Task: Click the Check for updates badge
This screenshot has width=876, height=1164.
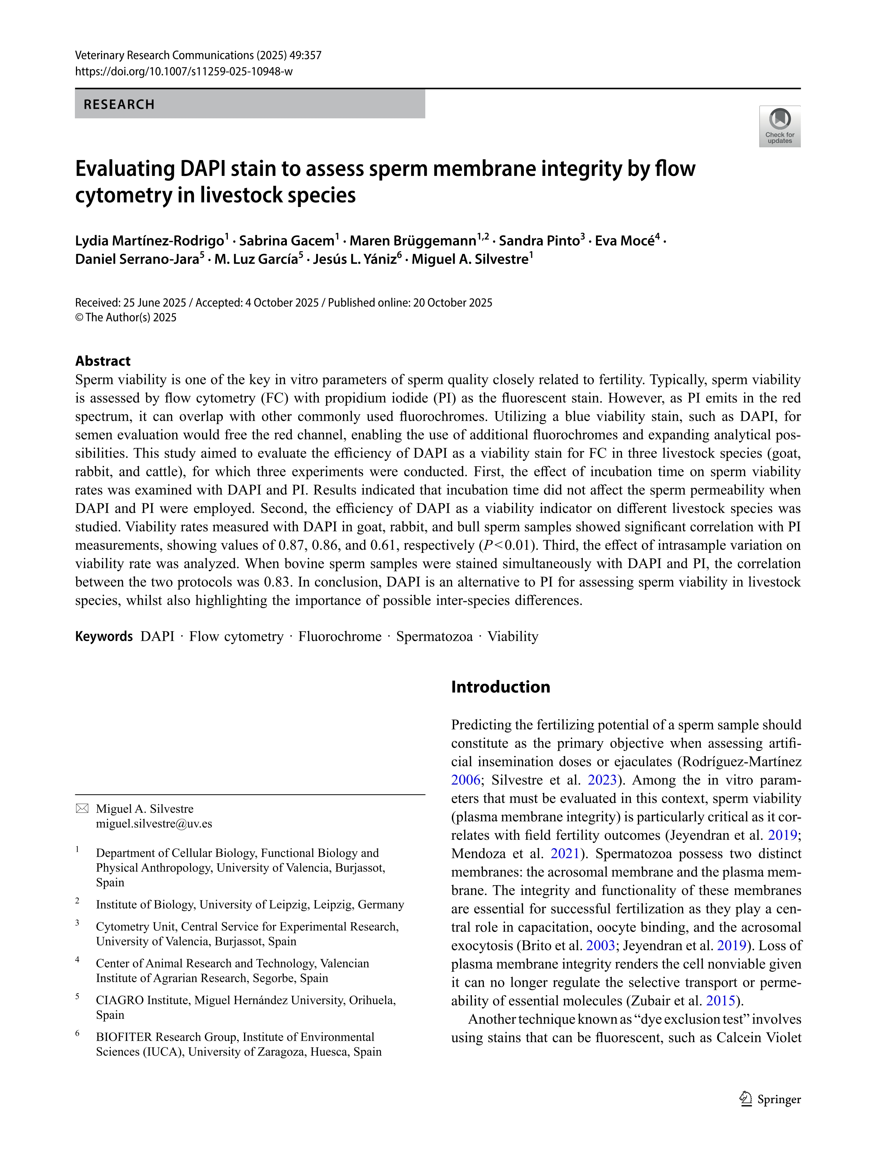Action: tap(779, 126)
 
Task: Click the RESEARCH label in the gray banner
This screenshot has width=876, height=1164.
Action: tap(119, 104)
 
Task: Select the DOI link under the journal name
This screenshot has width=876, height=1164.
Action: tap(184, 71)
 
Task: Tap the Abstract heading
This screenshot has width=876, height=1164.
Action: tap(102, 361)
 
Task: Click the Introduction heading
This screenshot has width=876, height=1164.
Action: tap(501, 687)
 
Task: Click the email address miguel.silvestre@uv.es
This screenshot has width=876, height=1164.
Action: tap(154, 823)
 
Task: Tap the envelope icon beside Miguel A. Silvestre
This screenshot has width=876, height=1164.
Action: tap(82, 809)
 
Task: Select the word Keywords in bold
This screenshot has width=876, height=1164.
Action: tap(103, 637)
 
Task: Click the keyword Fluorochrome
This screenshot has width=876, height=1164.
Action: tap(339, 637)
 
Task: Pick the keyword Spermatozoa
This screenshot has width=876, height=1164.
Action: tap(434, 637)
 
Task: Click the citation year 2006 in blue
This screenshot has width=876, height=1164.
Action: tap(466, 780)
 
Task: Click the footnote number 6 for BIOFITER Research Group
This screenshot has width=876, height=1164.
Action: tap(77, 1033)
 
